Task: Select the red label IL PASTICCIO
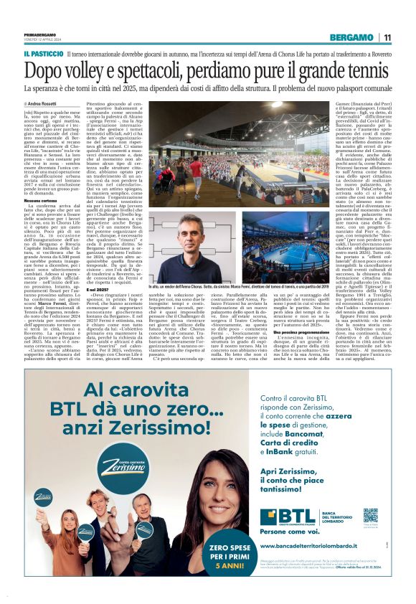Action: (43, 54)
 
